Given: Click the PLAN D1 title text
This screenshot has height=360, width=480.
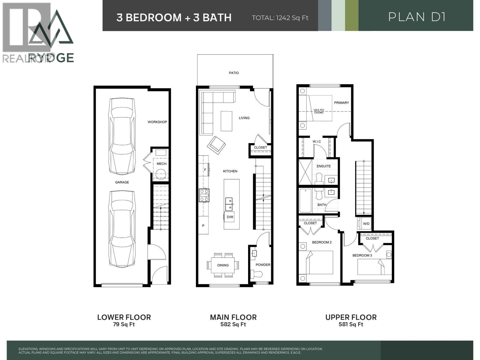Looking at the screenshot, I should pos(416,17).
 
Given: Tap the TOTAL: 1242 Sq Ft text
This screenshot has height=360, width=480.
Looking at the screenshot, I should pos(280,18).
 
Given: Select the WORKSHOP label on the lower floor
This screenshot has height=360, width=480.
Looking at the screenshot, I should pos(157,122).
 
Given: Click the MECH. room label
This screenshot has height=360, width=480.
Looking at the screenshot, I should pos(162,164).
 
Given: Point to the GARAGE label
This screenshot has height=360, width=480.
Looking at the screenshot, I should pos(122,182).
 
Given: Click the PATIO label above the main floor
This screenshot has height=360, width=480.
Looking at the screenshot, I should pos(234,73).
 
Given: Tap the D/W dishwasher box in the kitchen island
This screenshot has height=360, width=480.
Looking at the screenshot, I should pos(230,217).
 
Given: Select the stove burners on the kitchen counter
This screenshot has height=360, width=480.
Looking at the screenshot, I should pos(204,195).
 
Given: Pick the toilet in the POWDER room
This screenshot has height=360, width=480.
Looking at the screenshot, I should pos(256,274).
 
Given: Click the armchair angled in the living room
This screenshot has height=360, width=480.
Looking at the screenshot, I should pos(216,145).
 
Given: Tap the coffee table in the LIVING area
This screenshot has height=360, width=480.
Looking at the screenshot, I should pos(226,121).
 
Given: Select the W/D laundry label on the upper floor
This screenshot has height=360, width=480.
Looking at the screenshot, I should pos(366,224).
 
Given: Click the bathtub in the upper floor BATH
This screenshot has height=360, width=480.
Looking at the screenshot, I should pos(305,200).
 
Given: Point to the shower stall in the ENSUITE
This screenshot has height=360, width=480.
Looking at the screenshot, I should pos(306,172).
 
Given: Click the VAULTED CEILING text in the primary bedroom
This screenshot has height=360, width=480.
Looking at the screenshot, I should pos(319,111).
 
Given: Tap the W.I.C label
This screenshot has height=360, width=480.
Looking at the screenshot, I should pos(317,142).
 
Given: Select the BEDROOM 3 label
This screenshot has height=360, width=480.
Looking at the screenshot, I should pos(362,256).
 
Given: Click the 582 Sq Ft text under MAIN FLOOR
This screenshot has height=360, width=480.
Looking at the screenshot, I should pos(233,325).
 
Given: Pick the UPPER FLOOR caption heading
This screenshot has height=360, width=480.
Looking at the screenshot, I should pos(351,317).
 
